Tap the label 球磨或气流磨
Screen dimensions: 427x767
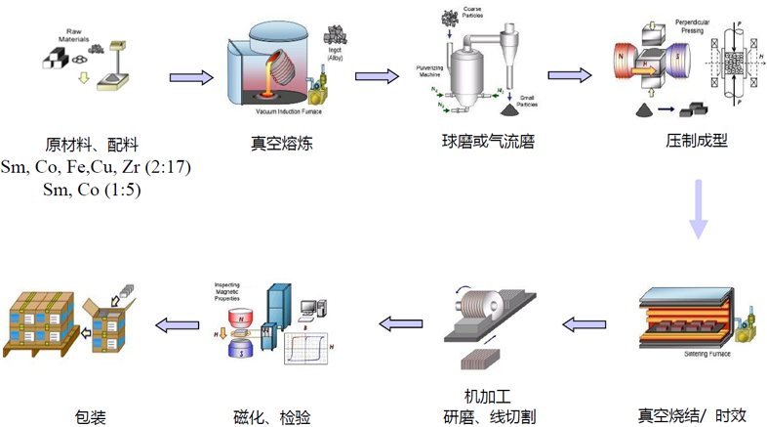[488, 142]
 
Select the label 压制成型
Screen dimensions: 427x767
[697, 142]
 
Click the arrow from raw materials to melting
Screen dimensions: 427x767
[191, 75]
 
